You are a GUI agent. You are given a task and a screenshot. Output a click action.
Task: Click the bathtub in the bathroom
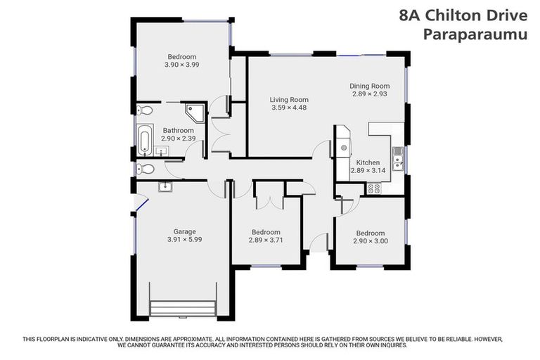click(x=145, y=139)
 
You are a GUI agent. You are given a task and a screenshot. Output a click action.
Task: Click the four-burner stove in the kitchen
click(x=373, y=188)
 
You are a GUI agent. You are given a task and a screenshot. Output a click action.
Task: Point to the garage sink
click(x=165, y=186)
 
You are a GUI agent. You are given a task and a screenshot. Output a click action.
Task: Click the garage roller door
click(x=182, y=307)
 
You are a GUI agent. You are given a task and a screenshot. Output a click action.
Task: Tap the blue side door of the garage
click(x=141, y=205)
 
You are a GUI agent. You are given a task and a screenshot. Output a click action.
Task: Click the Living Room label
click(x=289, y=100)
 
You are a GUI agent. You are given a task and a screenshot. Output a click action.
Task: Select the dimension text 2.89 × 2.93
click(x=369, y=94)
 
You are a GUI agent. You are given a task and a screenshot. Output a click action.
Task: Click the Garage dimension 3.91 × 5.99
click(x=185, y=240)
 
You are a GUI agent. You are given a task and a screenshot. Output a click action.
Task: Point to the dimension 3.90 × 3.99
click(x=181, y=65)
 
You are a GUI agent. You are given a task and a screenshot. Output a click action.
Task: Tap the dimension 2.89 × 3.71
click(x=266, y=240)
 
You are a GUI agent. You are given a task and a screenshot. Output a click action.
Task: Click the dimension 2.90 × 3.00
click(x=370, y=241)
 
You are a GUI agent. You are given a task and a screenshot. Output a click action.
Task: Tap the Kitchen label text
click(x=368, y=162)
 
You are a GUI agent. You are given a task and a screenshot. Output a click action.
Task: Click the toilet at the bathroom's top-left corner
click(x=145, y=110)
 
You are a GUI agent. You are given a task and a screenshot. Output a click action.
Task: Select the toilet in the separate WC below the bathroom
click(x=145, y=169)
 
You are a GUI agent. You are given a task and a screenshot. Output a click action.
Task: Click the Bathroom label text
click(x=178, y=130)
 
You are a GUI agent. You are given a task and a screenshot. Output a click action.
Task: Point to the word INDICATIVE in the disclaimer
click(x=96, y=339)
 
